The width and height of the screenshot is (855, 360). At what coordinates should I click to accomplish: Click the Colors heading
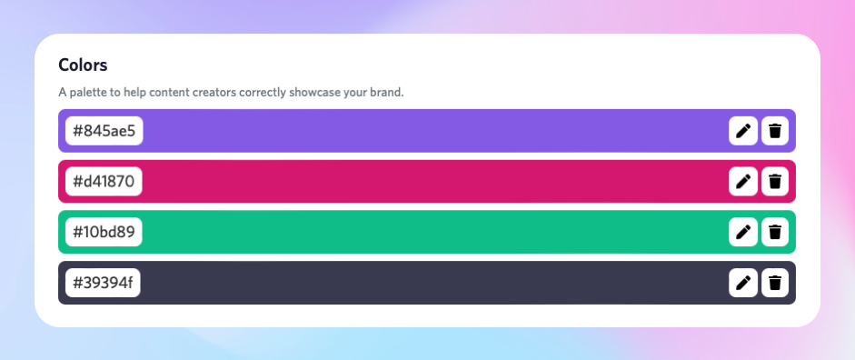click(x=83, y=65)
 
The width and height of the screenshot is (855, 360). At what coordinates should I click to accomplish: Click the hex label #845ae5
click(x=104, y=131)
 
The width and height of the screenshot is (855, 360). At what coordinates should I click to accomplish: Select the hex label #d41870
click(x=104, y=182)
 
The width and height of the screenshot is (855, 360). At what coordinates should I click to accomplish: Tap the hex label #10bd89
click(x=104, y=232)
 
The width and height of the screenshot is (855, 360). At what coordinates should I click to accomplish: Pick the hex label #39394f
click(x=103, y=283)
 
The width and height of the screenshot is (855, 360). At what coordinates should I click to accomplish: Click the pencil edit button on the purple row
click(x=743, y=131)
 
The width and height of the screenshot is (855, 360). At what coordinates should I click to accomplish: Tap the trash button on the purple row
click(x=774, y=131)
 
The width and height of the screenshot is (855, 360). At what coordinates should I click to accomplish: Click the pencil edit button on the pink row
click(x=743, y=182)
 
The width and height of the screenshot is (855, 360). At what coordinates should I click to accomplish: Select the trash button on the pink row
click(x=774, y=182)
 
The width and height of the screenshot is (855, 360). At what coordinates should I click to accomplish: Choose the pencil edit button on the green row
click(x=743, y=232)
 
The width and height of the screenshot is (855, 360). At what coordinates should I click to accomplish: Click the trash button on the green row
click(x=774, y=232)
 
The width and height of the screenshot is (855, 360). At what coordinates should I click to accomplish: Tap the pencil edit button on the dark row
click(x=743, y=283)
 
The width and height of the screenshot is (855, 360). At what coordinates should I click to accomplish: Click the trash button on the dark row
click(x=774, y=283)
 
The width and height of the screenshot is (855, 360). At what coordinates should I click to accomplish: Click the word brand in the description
click(x=385, y=93)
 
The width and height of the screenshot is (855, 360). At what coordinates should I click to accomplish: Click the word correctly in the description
click(x=263, y=93)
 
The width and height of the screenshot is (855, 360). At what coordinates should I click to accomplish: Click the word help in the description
click(x=134, y=93)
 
